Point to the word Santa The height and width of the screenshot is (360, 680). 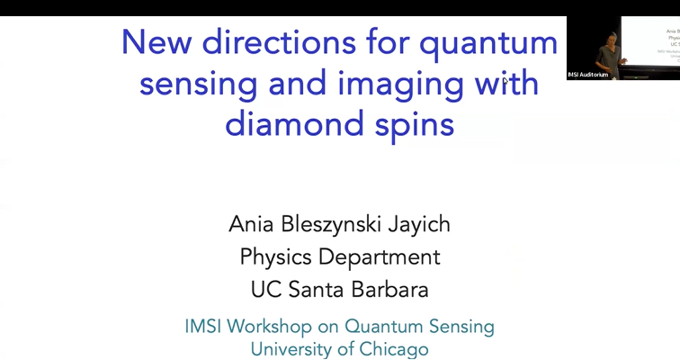(317, 290)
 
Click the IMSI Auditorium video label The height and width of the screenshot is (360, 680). (588, 74)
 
